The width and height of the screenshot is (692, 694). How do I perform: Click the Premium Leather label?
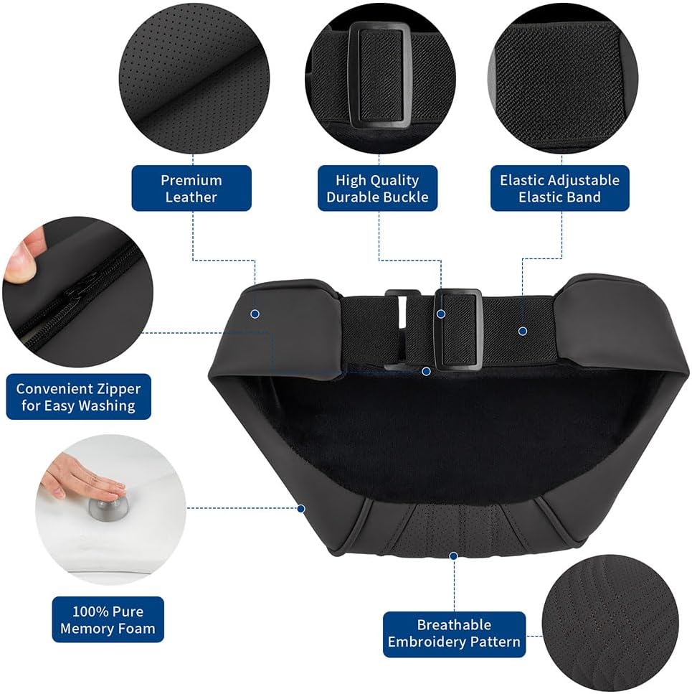191,188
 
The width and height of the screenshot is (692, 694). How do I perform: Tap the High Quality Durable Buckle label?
378,188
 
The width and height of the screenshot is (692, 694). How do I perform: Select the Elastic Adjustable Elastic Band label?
560,188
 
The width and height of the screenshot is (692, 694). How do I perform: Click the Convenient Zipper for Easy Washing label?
78,397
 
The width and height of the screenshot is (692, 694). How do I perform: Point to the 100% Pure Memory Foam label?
108,619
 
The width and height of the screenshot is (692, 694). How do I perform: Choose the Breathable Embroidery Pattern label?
454,634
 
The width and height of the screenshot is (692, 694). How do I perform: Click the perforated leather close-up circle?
194,80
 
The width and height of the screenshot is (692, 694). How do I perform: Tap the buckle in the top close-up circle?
380,75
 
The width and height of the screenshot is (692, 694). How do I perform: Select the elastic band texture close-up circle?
562,80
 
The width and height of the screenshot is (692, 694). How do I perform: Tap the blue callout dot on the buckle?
441,314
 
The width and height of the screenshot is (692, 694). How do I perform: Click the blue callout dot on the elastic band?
523,331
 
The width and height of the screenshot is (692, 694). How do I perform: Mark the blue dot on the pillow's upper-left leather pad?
255,314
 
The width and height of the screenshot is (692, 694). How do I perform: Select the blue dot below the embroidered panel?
453,555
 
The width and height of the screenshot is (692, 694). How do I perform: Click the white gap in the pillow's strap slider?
402,312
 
